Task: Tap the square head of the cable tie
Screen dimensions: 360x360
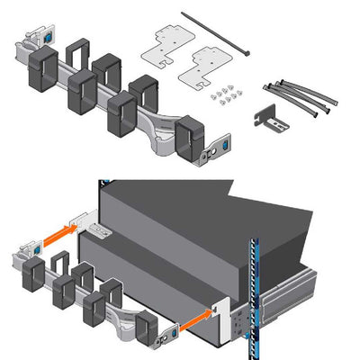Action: click(184, 15)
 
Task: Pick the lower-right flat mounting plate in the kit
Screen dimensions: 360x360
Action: click(206, 68)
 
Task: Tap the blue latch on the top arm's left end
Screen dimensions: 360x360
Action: click(42, 40)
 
